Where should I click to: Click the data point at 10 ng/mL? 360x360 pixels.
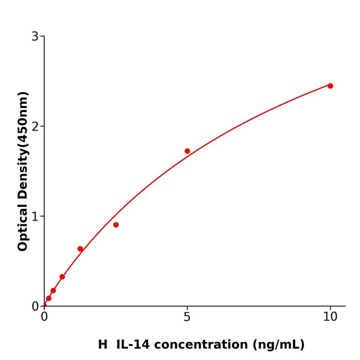pos(330,86)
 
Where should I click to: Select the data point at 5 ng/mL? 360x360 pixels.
pos(187,151)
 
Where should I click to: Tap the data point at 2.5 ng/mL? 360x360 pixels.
pos(116,225)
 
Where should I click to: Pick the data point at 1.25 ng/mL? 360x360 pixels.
pos(80,249)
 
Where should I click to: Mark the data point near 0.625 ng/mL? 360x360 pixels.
pos(62,277)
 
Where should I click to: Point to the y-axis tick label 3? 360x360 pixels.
pos(35,37)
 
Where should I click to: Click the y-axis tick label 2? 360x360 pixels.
pos(35,127)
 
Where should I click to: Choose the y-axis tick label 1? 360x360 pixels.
pos(35,217)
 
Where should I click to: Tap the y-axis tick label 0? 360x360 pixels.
pos(35,307)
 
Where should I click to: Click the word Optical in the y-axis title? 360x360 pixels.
pos(23,226)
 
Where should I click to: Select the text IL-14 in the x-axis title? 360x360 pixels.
pos(134,345)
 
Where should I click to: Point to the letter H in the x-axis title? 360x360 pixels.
pos(103,345)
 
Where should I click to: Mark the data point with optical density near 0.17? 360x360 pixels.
pos(53,291)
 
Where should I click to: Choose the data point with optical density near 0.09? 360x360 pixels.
pos(48,298)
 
